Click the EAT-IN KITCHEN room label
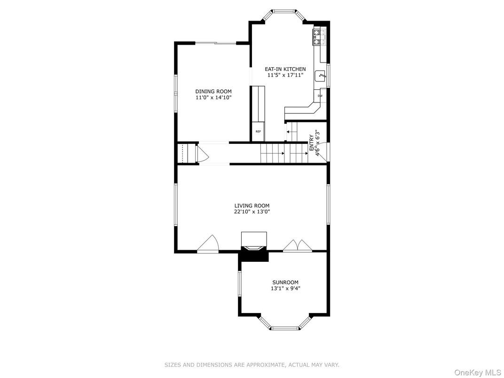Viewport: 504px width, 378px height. coord(285,69)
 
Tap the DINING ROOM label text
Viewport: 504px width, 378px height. coord(213,92)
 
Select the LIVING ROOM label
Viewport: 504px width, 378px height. coord(252,206)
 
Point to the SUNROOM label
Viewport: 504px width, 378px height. coord(285,283)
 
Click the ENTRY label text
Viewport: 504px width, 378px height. coord(311,143)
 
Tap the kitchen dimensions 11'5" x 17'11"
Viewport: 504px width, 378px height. coord(285,75)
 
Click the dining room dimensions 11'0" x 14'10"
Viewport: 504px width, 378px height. coord(213,98)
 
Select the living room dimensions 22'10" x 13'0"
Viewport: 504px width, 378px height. coord(252,212)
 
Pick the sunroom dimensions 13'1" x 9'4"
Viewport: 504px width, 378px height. coord(285,289)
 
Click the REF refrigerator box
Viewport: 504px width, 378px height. coord(258,132)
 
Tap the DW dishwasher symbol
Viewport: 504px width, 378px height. coord(320,96)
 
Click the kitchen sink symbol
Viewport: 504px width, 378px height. coord(321,76)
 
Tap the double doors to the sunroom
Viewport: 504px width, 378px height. coord(298,245)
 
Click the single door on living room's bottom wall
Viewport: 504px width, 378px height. coord(208,244)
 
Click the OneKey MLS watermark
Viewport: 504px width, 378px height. coord(478,372)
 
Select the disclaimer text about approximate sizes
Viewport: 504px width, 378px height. coord(252,365)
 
